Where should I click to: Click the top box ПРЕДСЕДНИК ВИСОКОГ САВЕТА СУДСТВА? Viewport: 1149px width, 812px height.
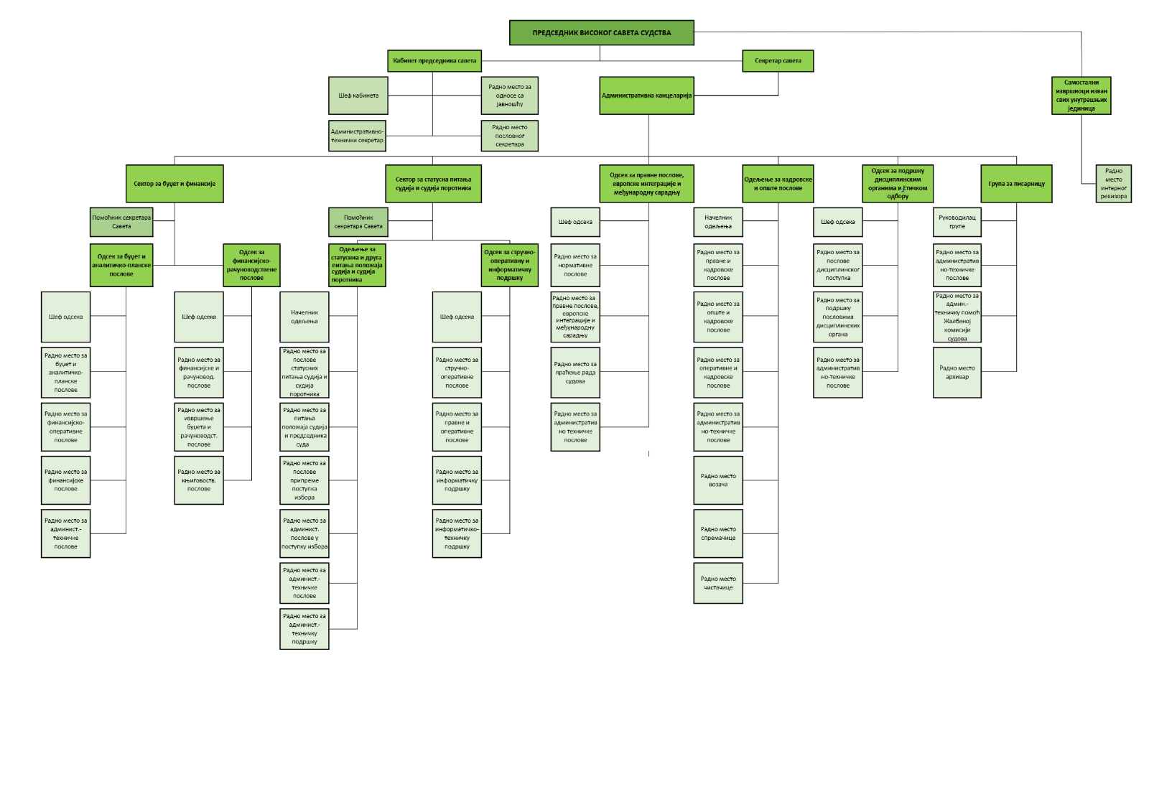601,33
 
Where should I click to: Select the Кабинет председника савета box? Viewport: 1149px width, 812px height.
434,61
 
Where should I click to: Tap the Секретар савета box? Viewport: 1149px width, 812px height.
778,61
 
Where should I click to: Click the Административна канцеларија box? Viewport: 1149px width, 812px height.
647,95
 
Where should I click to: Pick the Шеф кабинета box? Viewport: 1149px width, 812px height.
358,95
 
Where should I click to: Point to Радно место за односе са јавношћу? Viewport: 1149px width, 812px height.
509,95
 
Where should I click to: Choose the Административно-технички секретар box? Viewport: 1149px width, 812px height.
357,136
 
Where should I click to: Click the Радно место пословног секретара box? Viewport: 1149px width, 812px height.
509,136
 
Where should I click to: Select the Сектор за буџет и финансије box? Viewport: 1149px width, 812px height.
175,184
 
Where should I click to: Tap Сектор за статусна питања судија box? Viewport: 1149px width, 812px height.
433,184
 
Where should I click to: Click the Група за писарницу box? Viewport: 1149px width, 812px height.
1016,184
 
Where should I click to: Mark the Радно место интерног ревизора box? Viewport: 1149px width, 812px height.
1113,184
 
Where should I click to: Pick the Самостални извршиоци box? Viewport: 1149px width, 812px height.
1081,95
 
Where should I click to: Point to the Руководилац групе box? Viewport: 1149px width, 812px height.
957,222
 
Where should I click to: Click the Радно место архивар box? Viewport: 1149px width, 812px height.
957,372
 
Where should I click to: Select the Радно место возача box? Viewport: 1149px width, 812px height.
718,480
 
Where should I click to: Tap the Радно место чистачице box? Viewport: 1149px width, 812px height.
718,583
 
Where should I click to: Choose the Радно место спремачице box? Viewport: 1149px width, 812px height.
718,533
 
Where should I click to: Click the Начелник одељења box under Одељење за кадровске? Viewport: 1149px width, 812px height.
718,222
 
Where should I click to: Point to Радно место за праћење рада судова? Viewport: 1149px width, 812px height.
575,373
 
